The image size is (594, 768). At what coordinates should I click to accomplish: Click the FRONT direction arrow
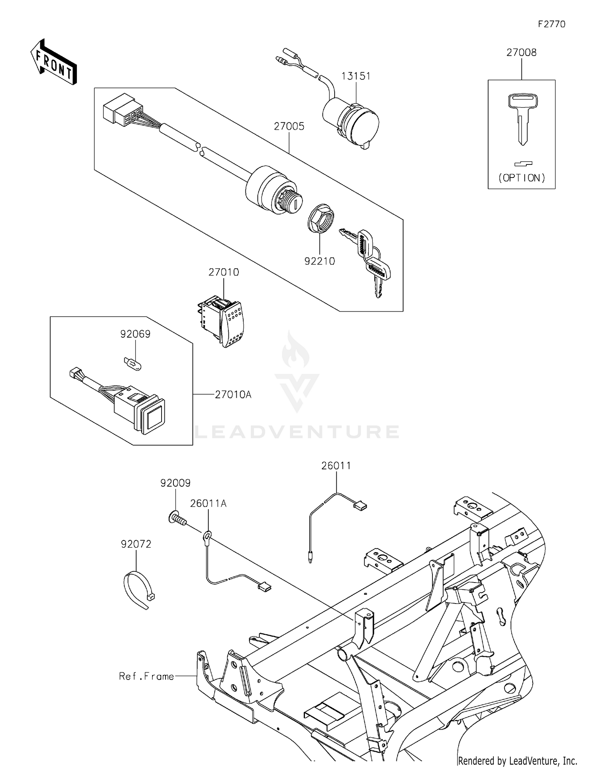coord(53,62)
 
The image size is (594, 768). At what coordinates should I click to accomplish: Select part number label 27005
coord(289,126)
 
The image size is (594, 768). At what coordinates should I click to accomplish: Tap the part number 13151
coord(356,76)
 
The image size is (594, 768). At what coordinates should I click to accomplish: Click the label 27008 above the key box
coord(521,53)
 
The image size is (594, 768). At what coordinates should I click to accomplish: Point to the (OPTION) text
coord(522,178)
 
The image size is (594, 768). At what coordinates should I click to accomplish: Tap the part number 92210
coord(320,261)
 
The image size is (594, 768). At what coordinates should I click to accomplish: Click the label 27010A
coord(233,395)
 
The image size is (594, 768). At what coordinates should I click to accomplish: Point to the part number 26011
coord(336,466)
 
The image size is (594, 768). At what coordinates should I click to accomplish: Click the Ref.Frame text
coord(147,676)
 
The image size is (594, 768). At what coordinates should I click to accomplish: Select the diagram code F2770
coord(552,24)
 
